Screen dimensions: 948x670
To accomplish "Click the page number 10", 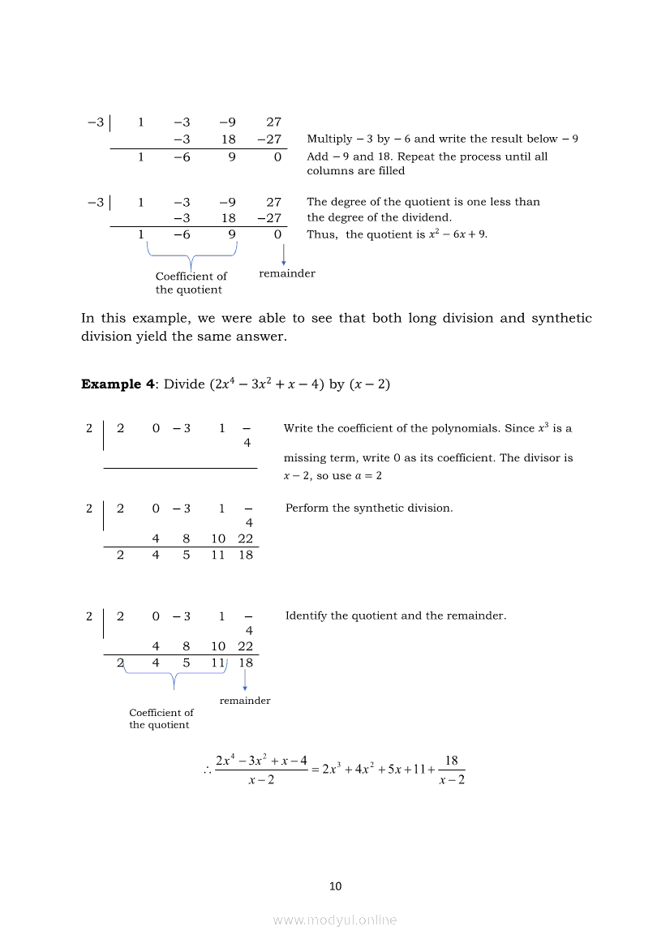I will (335, 886).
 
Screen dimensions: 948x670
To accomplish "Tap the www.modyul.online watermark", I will (335, 920).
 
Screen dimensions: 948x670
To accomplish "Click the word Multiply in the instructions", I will (329, 139).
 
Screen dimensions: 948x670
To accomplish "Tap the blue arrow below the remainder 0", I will (283, 255).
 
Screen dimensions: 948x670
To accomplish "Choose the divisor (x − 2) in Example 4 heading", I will (369, 384).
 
